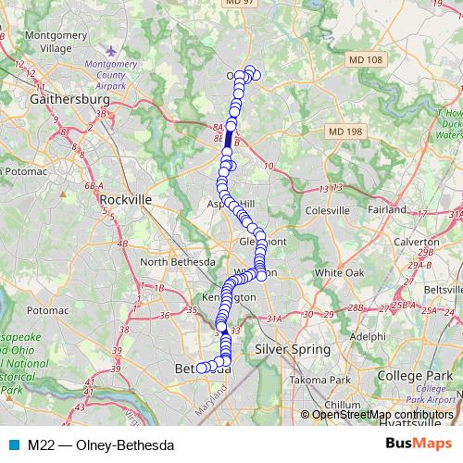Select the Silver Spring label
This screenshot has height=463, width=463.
click(x=294, y=350)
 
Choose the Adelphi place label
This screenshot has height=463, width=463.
click(x=368, y=336)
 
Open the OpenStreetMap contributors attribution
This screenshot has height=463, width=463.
click(x=382, y=414)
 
